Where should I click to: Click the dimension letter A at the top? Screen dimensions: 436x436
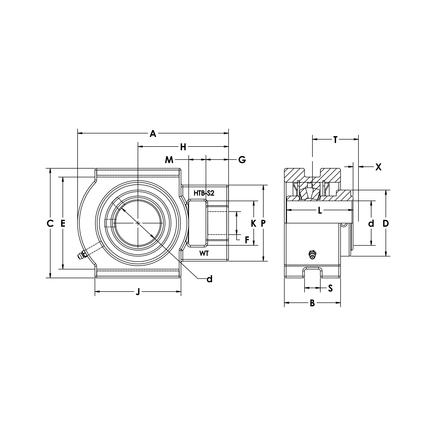pyautogui.click(x=153, y=134)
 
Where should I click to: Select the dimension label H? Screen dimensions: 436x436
pyautogui.click(x=183, y=147)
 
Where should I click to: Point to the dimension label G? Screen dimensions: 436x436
pyautogui.click(x=242, y=160)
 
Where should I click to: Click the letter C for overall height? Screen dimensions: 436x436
pyautogui.click(x=50, y=224)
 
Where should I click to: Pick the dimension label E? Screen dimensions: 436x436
pyautogui.click(x=63, y=224)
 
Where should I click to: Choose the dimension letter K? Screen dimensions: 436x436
pyautogui.click(x=253, y=224)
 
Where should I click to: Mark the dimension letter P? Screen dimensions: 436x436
pyautogui.click(x=263, y=224)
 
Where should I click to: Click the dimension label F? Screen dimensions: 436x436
pyautogui.click(x=247, y=240)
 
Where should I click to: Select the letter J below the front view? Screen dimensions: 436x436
pyautogui.click(x=138, y=291)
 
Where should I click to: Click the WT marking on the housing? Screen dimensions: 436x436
pyautogui.click(x=204, y=253)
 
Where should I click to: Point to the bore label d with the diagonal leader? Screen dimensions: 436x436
pyautogui.click(x=209, y=279)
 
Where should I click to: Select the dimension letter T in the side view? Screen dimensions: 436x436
pyautogui.click(x=335, y=140)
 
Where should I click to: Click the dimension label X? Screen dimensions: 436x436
pyautogui.click(x=378, y=167)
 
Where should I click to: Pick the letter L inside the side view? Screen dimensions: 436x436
pyautogui.click(x=320, y=210)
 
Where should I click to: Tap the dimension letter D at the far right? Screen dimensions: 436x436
pyautogui.click(x=385, y=224)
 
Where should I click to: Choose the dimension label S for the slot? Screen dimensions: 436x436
pyautogui.click(x=330, y=288)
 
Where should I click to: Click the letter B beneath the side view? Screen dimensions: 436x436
pyautogui.click(x=312, y=303)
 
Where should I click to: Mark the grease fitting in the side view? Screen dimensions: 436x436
pyautogui.click(x=312, y=254)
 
